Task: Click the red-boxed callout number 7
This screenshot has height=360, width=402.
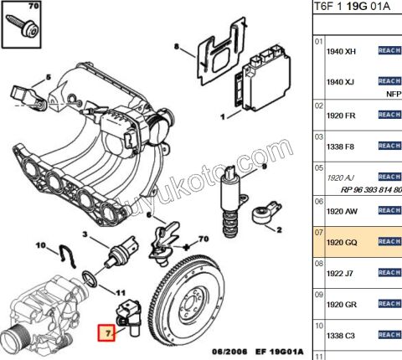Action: click(x=107, y=333)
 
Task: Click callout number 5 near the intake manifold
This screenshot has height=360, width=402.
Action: click(x=48, y=77)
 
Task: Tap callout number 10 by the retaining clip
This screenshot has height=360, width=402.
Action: click(x=40, y=245)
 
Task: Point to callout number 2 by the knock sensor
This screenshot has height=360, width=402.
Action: click(x=279, y=228)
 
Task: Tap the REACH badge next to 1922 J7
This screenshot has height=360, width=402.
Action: click(x=389, y=272)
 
